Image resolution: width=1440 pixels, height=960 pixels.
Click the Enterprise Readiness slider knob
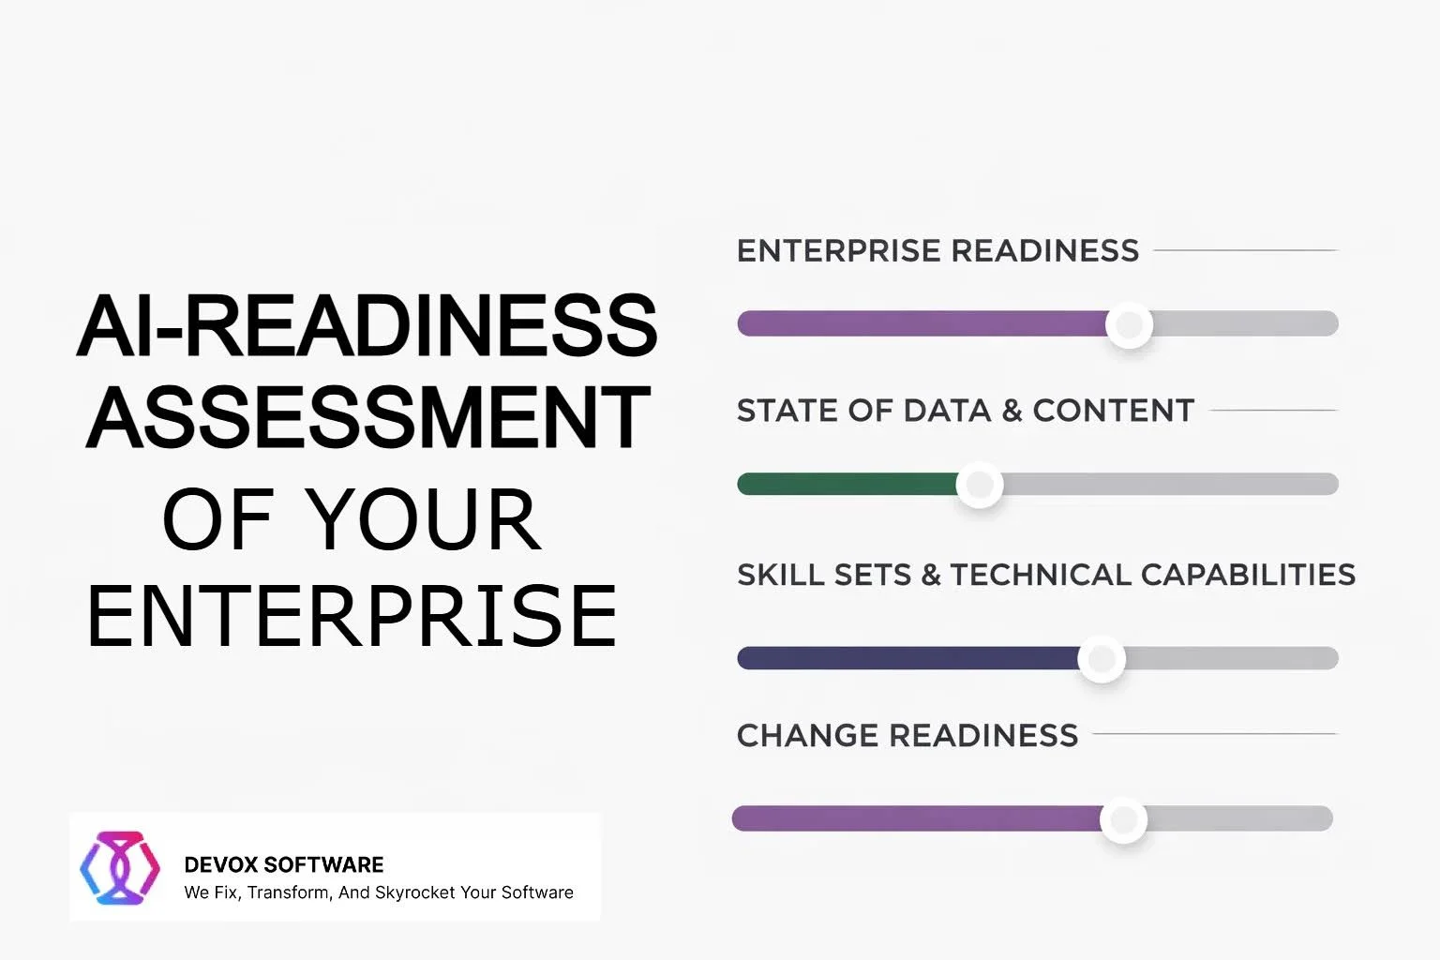[1129, 324]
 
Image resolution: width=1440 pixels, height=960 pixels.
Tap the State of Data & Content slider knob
[980, 484]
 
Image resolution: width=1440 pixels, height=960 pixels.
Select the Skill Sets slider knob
[1102, 658]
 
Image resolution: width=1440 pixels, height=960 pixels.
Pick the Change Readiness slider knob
[1124, 819]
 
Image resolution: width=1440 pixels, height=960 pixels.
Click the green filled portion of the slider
[847, 484]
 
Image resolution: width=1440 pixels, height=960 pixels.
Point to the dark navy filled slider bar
[908, 658]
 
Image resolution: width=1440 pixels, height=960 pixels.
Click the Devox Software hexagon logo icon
[120, 867]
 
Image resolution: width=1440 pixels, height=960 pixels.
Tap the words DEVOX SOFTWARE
[283, 864]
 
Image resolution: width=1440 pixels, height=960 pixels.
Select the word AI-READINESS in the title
[367, 324]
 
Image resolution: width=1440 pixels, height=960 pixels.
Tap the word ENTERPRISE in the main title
[352, 615]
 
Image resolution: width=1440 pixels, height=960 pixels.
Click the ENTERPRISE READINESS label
[937, 250]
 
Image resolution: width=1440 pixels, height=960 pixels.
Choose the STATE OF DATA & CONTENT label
[966, 411]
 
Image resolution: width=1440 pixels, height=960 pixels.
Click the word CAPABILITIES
[1248, 575]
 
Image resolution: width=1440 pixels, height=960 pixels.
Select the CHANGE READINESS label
[907, 736]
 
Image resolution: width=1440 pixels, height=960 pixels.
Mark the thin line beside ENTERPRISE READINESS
[1246, 250]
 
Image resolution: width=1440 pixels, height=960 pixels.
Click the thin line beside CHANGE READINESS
[1215, 734]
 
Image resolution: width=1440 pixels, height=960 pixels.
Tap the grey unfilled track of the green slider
[1171, 484]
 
